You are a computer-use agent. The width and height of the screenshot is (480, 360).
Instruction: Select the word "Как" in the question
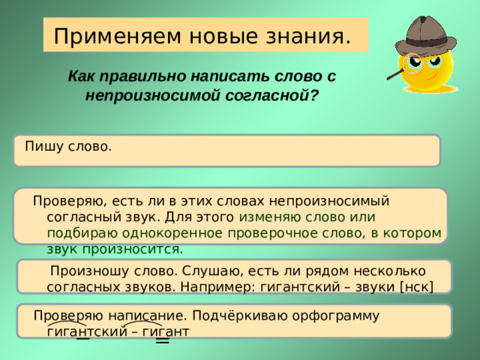click(81, 76)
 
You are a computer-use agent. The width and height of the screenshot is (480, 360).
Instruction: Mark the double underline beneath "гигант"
click(162, 341)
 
